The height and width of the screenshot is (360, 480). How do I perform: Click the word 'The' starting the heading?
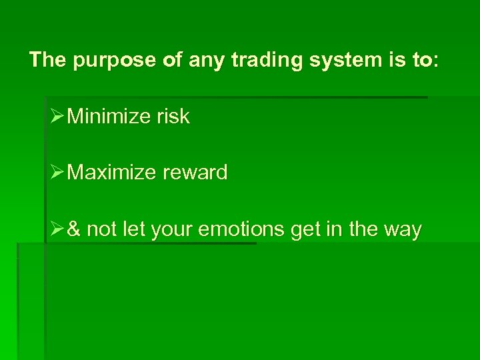(x=48, y=61)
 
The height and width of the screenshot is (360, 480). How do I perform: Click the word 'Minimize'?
(x=109, y=117)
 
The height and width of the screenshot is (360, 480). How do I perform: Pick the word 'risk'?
(x=173, y=117)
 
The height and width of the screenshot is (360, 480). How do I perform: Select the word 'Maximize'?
(x=112, y=173)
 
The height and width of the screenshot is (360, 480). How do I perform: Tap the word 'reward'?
(x=195, y=173)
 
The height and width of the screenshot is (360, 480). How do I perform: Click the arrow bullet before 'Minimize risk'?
(x=57, y=117)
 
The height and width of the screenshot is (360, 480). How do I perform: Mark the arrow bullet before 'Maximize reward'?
(x=57, y=173)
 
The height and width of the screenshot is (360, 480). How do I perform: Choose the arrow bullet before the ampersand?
(x=57, y=229)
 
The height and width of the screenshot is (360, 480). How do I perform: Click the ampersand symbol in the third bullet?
(x=75, y=229)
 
